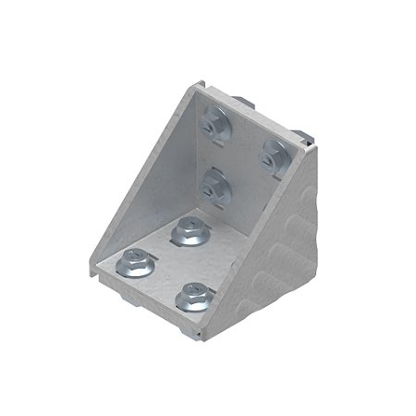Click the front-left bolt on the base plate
click(135, 264)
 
